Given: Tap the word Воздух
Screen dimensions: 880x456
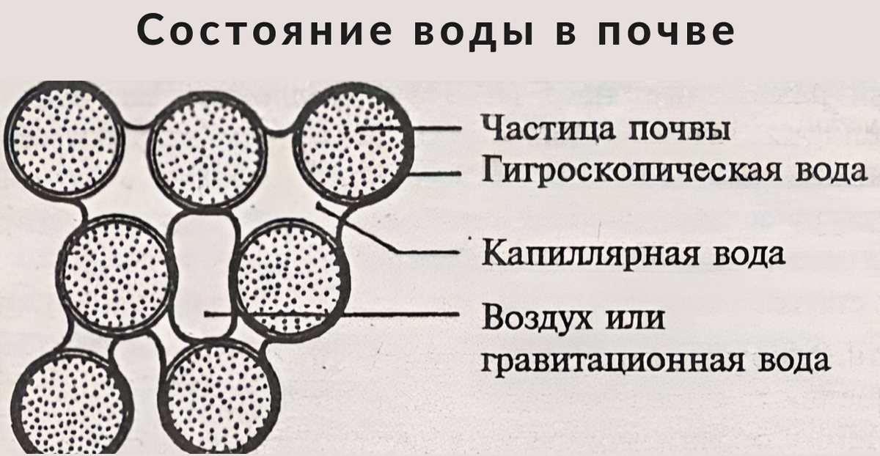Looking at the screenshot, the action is [x=535, y=320].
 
